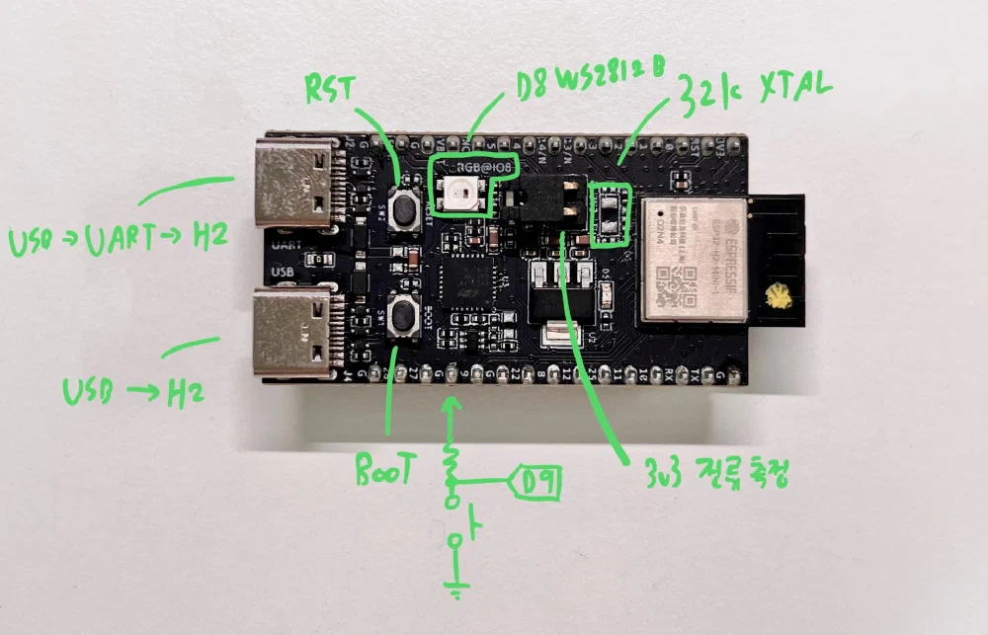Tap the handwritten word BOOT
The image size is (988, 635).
(386, 470)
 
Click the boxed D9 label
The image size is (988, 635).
(537, 484)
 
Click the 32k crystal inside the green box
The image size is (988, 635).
(610, 210)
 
